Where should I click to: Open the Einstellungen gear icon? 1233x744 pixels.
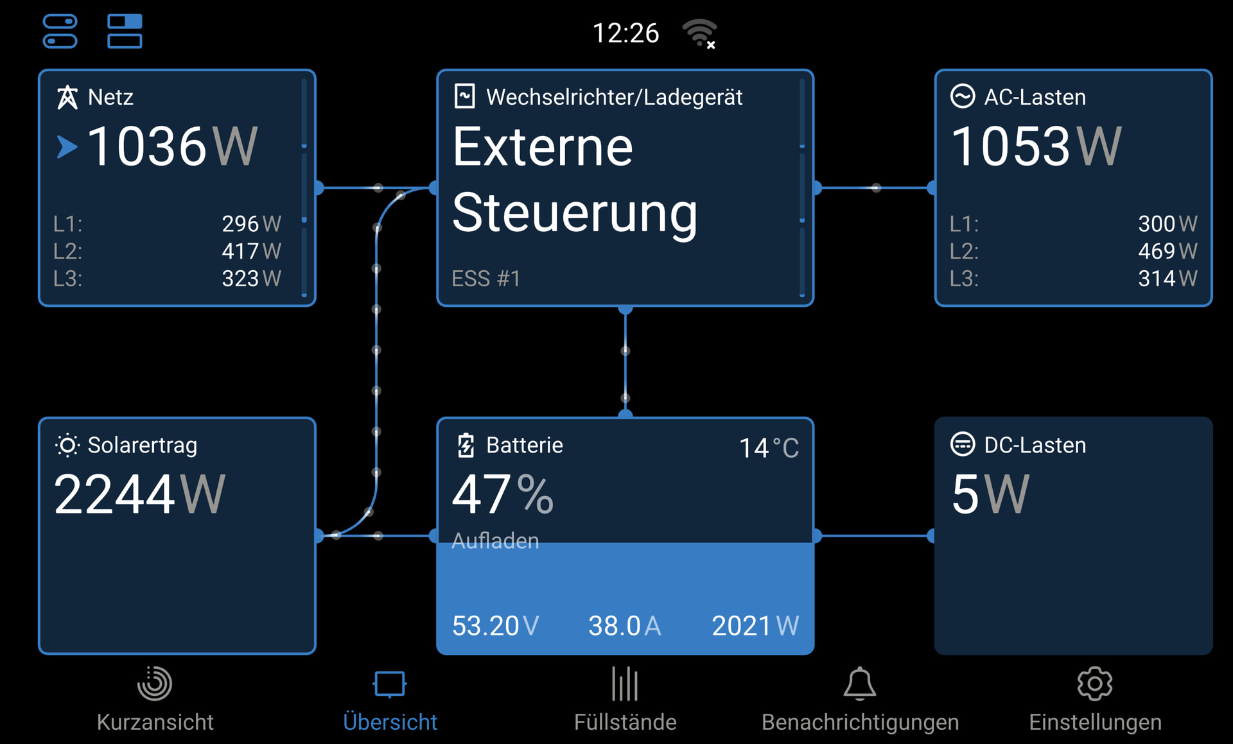[1094, 684]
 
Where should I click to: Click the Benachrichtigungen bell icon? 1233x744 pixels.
[859, 684]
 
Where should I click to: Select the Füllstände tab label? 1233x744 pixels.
[625, 722]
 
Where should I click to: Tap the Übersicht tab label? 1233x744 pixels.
[390, 722]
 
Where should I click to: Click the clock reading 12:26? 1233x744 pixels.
[625, 33]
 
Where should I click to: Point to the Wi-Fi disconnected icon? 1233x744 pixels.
[700, 33]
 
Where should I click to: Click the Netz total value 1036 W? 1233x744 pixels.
[172, 147]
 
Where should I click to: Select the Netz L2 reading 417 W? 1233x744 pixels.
[251, 251]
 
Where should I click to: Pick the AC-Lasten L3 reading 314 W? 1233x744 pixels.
[1167, 279]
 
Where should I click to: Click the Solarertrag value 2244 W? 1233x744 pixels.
[139, 494]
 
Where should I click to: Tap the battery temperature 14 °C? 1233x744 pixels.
[769, 448]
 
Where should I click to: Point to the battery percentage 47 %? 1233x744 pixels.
[502, 494]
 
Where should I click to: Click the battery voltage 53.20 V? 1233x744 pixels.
[495, 626]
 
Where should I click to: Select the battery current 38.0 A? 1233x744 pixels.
[624, 626]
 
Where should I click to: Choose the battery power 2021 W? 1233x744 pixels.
[755, 626]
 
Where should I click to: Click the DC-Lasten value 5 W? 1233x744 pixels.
[990, 494]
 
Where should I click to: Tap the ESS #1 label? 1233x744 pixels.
[485, 279]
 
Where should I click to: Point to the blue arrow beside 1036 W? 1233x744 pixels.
[67, 147]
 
